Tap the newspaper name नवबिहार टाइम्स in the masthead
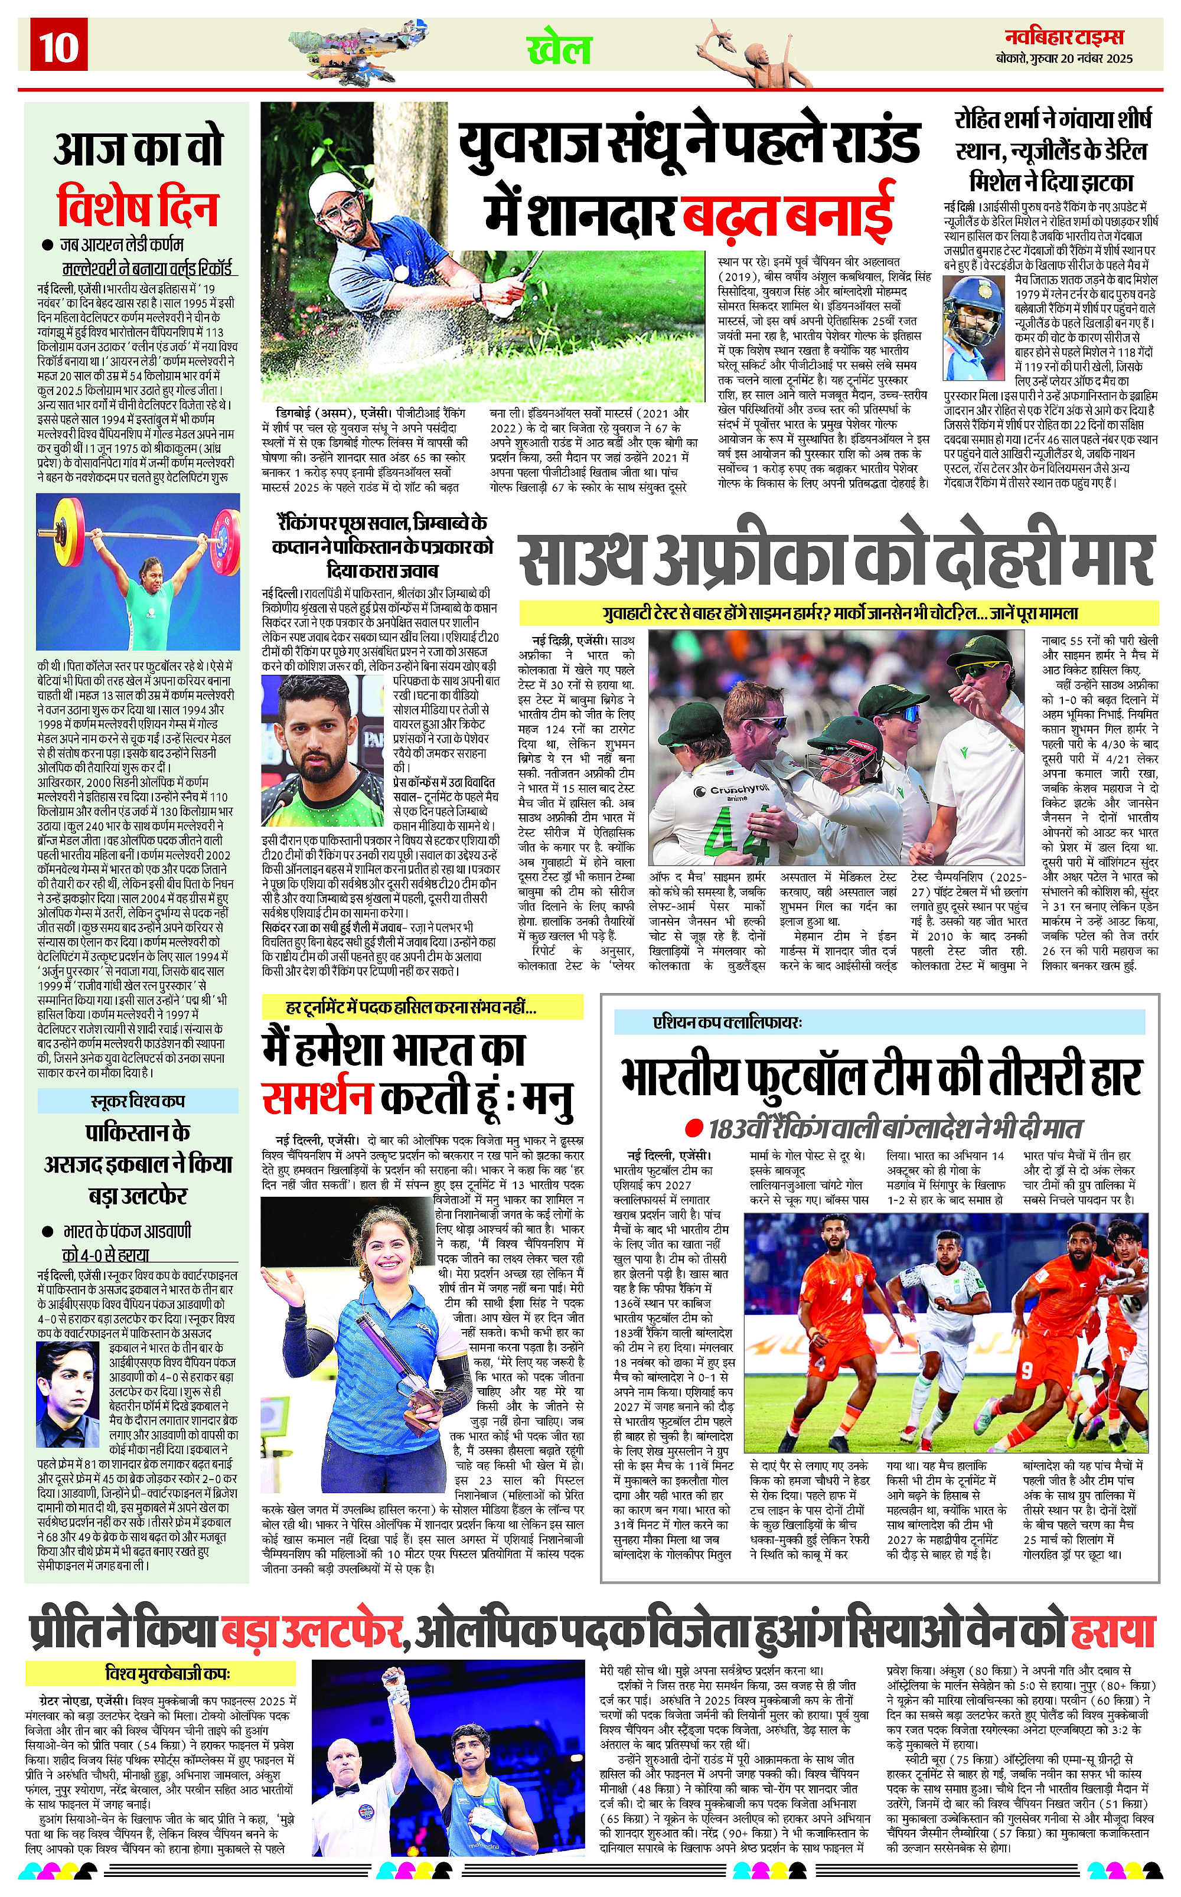(1064, 37)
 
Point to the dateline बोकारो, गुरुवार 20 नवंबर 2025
(1064, 58)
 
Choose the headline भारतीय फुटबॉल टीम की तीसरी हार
(881, 1077)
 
